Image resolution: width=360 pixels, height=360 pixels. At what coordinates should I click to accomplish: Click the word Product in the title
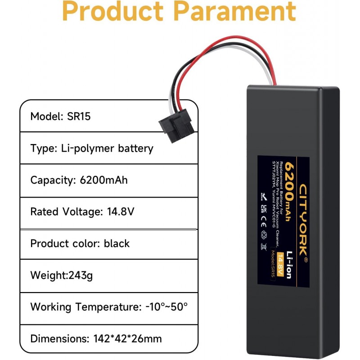[115, 12]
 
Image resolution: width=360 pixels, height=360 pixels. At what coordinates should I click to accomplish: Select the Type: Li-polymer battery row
[92, 148]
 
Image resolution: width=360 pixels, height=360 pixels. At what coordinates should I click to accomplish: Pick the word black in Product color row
[117, 243]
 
